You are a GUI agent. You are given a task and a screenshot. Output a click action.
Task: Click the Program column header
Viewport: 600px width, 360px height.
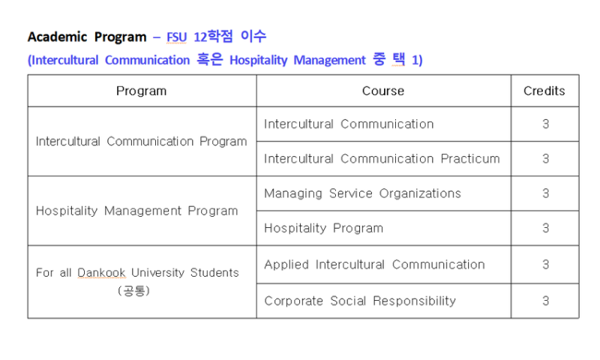point(141,91)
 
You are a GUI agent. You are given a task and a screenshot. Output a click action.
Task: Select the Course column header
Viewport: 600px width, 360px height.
point(383,91)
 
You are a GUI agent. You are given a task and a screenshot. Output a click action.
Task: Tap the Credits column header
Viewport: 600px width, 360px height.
point(544,91)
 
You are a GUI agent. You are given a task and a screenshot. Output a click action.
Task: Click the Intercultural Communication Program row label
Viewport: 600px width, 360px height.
point(141,142)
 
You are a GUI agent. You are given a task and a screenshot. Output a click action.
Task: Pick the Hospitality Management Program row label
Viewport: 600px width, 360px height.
point(136,211)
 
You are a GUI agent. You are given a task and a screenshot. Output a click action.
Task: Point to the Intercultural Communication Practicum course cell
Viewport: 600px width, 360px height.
point(382,159)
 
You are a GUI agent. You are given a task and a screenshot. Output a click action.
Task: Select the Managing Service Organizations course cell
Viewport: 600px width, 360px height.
point(362,193)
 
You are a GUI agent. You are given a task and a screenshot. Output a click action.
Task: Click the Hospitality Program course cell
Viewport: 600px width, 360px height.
point(323,229)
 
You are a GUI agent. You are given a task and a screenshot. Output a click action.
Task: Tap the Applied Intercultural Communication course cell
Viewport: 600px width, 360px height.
point(374,265)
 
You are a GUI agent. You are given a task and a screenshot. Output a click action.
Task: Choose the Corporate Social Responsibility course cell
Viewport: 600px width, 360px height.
point(360,301)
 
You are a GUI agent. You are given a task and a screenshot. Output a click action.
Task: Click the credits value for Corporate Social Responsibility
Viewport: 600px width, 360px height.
point(546,301)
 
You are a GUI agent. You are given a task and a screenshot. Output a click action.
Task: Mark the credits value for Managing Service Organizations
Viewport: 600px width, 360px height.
point(546,193)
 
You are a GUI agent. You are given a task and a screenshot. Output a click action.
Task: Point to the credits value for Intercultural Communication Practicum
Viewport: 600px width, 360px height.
point(546,159)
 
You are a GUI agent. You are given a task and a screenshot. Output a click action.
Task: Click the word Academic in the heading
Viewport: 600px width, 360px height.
point(58,37)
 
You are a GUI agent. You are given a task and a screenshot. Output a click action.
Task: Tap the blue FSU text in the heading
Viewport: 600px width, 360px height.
point(176,37)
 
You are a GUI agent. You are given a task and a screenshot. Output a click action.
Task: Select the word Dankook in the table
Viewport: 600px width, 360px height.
point(101,273)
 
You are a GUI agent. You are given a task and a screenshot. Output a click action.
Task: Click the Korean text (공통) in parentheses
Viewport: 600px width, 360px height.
point(133,291)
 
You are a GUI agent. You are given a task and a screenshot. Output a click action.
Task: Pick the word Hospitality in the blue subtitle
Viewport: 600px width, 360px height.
point(258,61)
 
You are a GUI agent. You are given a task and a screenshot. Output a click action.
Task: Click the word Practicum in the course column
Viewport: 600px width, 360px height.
point(470,159)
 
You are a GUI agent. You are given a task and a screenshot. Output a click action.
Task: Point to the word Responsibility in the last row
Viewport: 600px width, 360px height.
point(415,301)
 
